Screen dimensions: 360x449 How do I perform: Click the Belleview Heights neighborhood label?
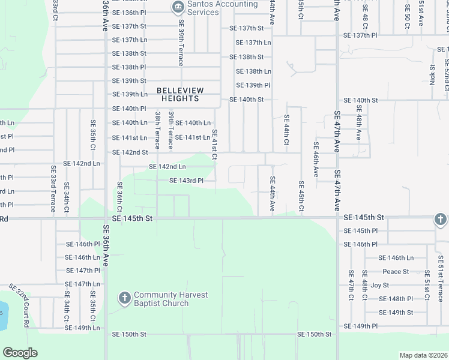(x=180, y=94)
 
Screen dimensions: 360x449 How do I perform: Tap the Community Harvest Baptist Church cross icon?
(x=124, y=298)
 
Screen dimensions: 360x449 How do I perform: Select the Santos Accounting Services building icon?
(x=178, y=8)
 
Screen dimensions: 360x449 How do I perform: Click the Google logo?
(x=20, y=353)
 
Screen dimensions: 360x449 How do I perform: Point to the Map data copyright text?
(x=424, y=355)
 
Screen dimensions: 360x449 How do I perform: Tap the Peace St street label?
(x=396, y=271)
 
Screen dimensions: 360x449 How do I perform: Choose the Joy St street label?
(x=380, y=285)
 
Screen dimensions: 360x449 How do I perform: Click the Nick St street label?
(x=432, y=75)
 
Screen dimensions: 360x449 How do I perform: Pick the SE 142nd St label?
(x=130, y=152)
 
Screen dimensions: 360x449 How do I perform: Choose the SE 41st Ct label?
(x=214, y=145)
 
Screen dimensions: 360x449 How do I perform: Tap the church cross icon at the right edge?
(x=440, y=220)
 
